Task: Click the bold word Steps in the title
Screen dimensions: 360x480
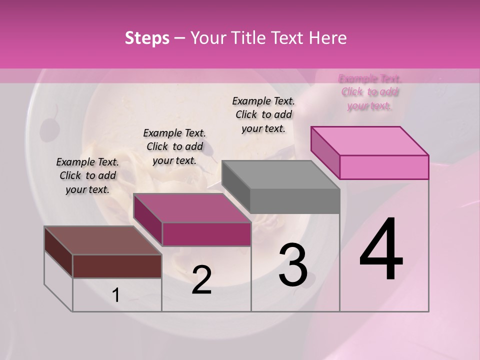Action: pos(147,38)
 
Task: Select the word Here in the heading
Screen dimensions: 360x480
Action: pos(327,38)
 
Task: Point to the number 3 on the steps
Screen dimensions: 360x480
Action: pos(292,265)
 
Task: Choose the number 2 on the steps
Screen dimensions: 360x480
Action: pos(201,280)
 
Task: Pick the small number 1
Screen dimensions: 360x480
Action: pos(116,295)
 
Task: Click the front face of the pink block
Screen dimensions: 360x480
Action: pos(384,167)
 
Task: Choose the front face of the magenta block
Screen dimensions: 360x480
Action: pos(206,234)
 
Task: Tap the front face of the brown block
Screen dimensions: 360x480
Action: pos(117,266)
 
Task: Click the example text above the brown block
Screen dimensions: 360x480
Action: pos(87,175)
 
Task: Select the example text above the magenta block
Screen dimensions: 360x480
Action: pos(174,146)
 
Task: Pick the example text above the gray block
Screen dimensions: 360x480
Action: pos(263,114)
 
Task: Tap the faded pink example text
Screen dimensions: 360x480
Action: pos(369,92)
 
